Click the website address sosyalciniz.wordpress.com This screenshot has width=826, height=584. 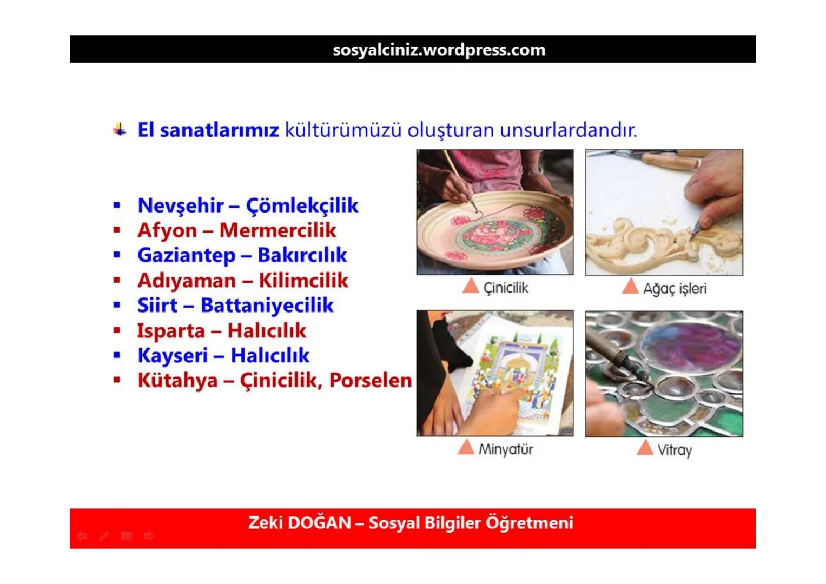(439, 50)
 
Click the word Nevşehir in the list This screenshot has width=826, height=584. (180, 205)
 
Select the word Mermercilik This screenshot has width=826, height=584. (277, 230)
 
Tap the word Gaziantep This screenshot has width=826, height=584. (186, 255)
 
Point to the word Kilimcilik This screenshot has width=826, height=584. (303, 280)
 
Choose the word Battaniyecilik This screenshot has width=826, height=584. (267, 305)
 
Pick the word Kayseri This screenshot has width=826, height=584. (172, 355)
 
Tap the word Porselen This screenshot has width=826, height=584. (371, 380)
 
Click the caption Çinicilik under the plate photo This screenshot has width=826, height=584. (505, 288)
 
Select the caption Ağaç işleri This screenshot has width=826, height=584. (675, 288)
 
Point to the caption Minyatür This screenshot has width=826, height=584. (505, 449)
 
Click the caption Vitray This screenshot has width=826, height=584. (675, 450)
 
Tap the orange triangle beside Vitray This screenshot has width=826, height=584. (645, 448)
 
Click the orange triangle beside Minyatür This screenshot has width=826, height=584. (466, 447)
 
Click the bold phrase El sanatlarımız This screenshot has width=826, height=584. (208, 130)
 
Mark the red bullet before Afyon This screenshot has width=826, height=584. (117, 230)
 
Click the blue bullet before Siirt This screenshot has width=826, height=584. (117, 305)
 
